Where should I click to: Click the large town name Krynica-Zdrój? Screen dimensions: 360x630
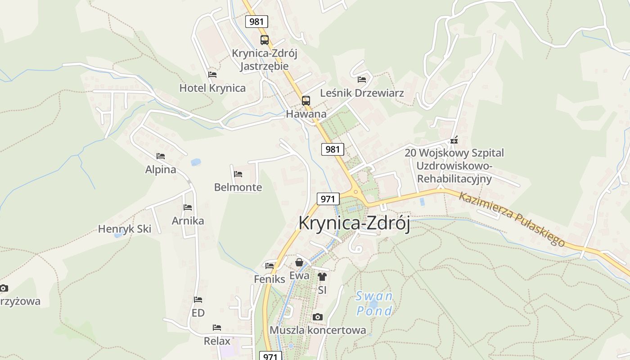[354, 224]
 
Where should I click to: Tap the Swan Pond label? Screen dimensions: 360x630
[374, 303]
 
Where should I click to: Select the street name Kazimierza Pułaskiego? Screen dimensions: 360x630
[512, 219]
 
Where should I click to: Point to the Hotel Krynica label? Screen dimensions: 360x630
[212, 88]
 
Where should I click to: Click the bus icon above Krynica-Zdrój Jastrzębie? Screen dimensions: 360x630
[264, 40]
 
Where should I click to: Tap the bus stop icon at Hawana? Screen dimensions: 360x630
[306, 100]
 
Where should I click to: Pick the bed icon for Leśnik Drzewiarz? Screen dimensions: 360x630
[362, 80]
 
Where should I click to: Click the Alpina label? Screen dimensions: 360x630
[161, 170]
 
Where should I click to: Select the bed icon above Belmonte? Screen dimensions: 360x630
[238, 174]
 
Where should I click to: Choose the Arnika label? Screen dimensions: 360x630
[188, 220]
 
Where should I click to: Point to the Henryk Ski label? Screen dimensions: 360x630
[125, 229]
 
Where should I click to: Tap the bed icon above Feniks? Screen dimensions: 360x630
[270, 265]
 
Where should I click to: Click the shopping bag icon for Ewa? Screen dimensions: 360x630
[299, 262]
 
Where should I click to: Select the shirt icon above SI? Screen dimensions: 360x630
[322, 276]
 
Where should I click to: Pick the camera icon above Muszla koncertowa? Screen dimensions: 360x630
[318, 317]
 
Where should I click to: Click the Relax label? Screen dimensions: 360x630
[217, 341]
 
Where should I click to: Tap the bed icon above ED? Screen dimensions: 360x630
[198, 299]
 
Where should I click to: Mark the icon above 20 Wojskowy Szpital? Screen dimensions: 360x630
[454, 140]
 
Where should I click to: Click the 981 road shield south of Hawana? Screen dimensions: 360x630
[333, 149]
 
